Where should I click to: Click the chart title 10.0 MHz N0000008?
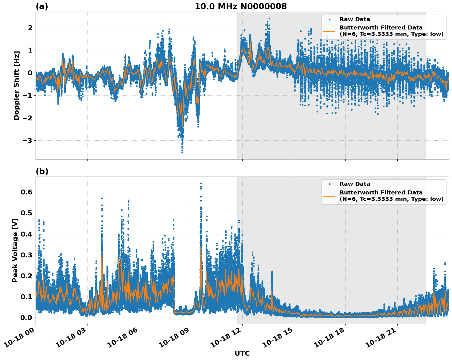pyautogui.click(x=241, y=6)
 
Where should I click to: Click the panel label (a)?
pyautogui.click(x=42, y=6)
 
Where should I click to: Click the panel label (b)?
pyautogui.click(x=42, y=171)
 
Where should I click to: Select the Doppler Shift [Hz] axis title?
pyautogui.click(x=17, y=85)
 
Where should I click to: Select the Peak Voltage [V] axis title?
pyautogui.click(x=15, y=250)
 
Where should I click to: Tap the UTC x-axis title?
pyautogui.click(x=242, y=353)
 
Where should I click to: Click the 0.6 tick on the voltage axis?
pyautogui.click(x=26, y=192)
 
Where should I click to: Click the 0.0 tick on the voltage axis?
pyautogui.click(x=26, y=318)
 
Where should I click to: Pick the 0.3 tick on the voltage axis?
pyautogui.click(x=26, y=255)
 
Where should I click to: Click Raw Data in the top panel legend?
pyautogui.click(x=355, y=19)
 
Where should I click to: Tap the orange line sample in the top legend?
pyautogui.click(x=329, y=31)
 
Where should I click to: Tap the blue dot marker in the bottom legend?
pyautogui.click(x=329, y=184)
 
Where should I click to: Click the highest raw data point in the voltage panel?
pyautogui.click(x=201, y=184)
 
